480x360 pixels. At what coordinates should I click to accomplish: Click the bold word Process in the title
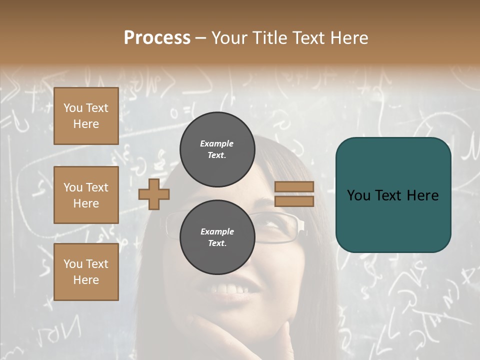pos(157,38)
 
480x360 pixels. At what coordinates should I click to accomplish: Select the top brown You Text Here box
pos(86,116)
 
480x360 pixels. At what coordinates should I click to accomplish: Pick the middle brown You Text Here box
pos(86,195)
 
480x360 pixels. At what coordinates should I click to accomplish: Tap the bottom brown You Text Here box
pos(86,272)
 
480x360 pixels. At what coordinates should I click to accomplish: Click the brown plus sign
pos(154,194)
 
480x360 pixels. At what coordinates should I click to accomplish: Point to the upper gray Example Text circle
pos(217,149)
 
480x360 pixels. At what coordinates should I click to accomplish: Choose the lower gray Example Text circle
pos(217,237)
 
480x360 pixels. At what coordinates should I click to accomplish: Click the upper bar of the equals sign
pos(294,186)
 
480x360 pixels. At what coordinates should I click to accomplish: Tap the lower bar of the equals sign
pos(294,201)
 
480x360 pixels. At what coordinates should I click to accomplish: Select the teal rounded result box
pos(393,195)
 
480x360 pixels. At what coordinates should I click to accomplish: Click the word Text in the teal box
pos(393,195)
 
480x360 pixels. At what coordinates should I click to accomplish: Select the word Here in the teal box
pos(422,195)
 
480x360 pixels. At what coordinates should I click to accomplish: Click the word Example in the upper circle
pos(217,143)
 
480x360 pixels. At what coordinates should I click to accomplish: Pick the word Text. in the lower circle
pos(217,243)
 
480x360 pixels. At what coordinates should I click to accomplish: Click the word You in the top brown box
pos(73,108)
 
